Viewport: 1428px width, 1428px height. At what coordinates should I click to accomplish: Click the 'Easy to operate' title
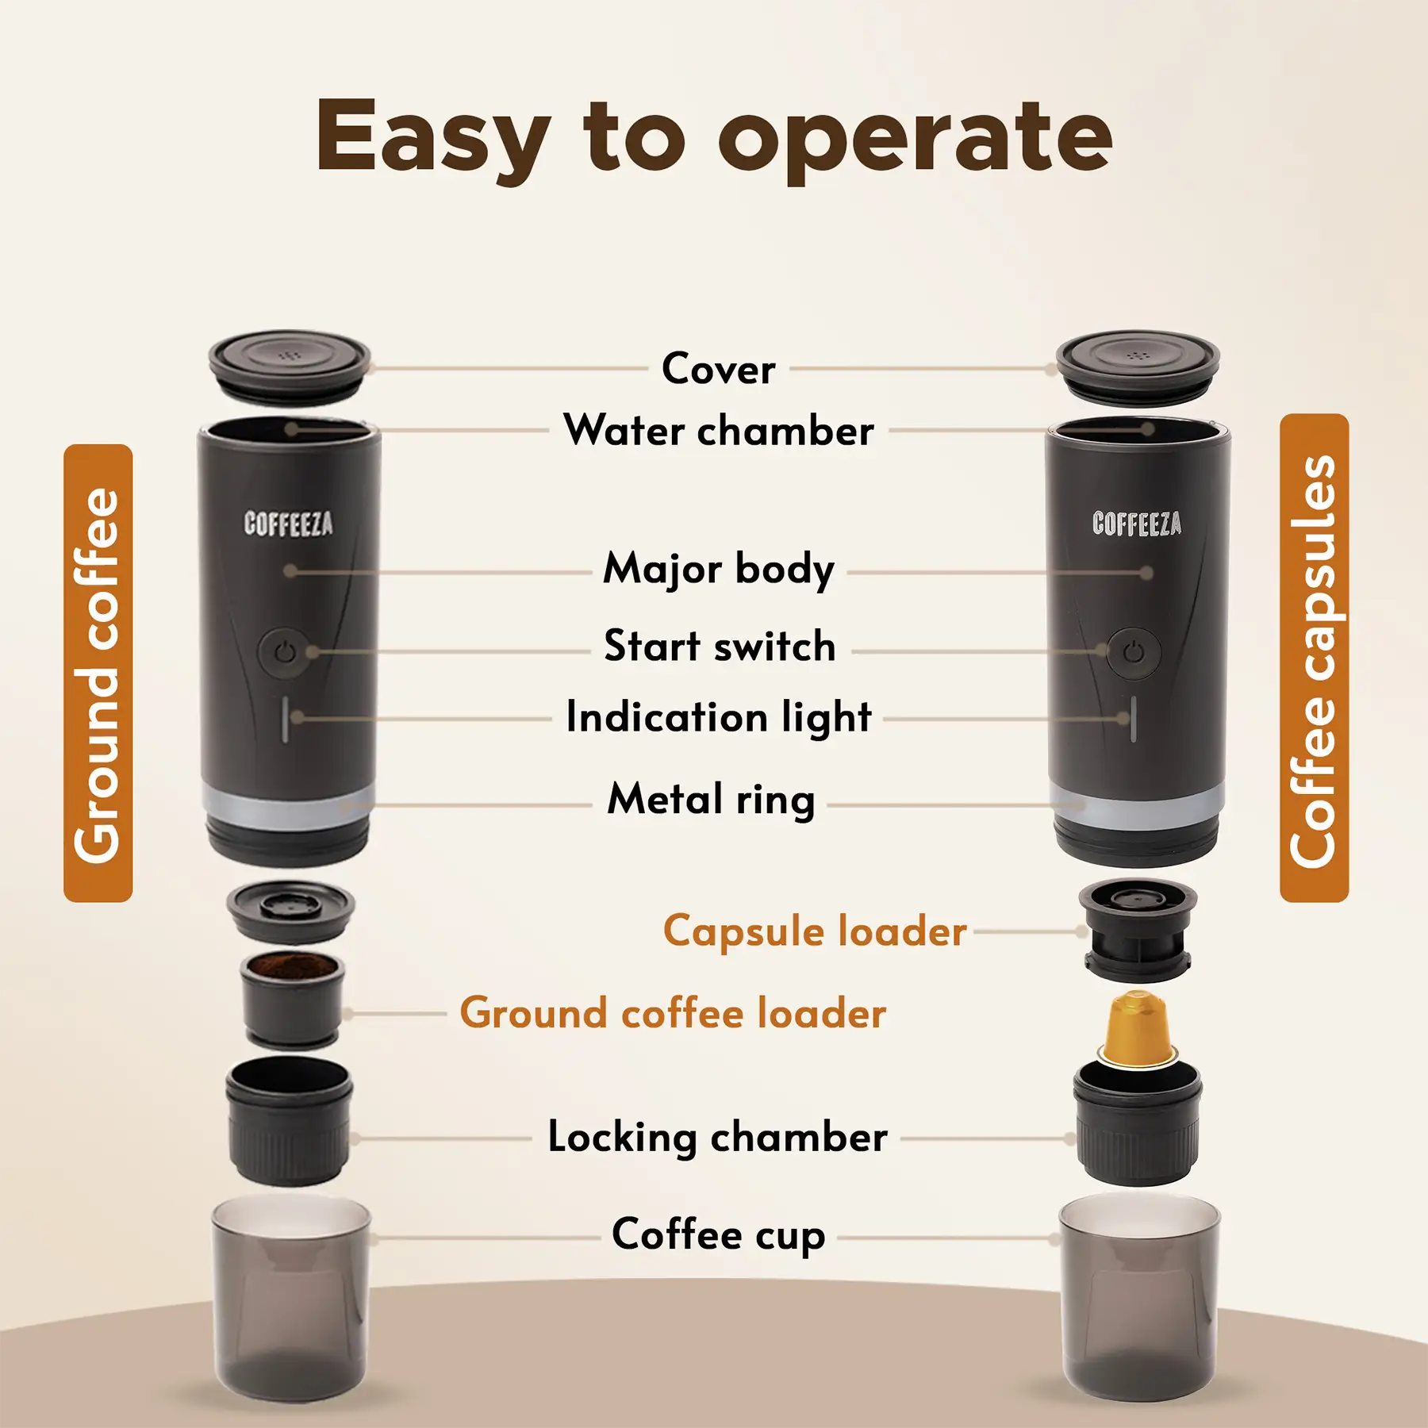714,136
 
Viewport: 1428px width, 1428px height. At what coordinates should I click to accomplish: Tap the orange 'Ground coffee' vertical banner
98,673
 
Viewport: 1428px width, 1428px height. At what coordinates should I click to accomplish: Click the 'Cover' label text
719,369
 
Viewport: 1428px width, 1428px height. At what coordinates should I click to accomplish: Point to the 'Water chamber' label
719,431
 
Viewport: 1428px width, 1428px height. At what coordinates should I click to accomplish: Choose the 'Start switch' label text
720,646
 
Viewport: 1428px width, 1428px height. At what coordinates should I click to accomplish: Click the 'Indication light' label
719,717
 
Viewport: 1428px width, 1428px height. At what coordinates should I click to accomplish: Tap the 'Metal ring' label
711,799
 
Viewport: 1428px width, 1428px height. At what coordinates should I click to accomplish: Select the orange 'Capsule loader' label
815,931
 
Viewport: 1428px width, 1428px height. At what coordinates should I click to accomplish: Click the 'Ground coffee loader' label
673,1013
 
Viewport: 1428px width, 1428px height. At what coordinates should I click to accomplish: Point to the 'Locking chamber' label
717,1137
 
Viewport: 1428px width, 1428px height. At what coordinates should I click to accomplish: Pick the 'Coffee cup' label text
719,1234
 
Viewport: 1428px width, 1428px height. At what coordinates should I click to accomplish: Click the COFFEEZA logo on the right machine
1136,524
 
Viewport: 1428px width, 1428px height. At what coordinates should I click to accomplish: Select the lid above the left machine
290,365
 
